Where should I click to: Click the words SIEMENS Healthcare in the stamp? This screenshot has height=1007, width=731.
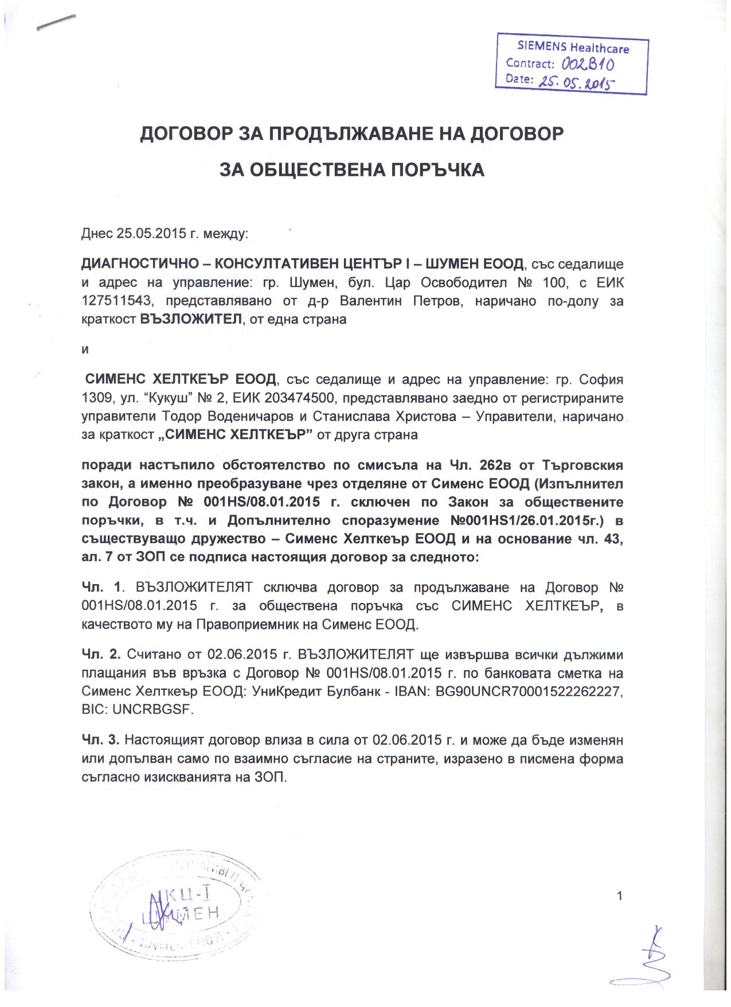pos(573,47)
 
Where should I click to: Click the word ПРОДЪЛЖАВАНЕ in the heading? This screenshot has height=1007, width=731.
pos(350,134)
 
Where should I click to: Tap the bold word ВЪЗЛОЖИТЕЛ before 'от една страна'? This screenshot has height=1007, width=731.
pos(191,320)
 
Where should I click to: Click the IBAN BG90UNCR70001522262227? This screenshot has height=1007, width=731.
pos(529,691)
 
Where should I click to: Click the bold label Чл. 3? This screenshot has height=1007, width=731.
pos(100,741)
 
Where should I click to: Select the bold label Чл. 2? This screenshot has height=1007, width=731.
pos(100,655)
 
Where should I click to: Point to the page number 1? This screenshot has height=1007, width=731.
pos(619,896)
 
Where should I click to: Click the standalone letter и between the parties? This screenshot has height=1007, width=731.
pos(85,349)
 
